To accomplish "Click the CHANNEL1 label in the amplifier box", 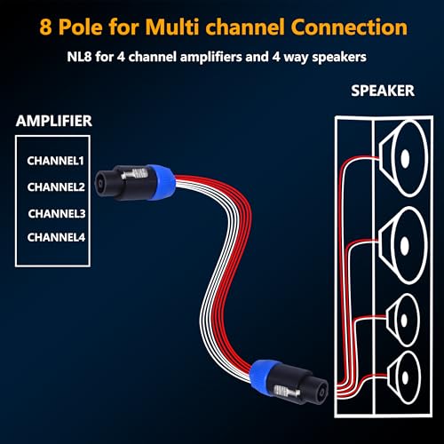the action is [56, 161].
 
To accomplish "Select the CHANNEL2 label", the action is [56, 186].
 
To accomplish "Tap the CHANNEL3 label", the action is [57, 213].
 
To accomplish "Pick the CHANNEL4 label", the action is [56, 237].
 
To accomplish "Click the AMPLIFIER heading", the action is [54, 121].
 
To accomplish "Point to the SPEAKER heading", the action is [383, 91].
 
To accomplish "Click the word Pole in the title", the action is [81, 27].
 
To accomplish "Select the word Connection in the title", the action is [349, 27].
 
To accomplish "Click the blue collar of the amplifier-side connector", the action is [162, 182].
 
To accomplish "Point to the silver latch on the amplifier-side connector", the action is [135, 174].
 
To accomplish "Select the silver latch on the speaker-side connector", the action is [287, 392].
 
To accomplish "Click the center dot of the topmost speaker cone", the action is [405, 158].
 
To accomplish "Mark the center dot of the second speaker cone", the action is [405, 245].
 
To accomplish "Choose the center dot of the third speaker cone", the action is [404, 320].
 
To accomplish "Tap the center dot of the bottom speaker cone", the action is [405, 377].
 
